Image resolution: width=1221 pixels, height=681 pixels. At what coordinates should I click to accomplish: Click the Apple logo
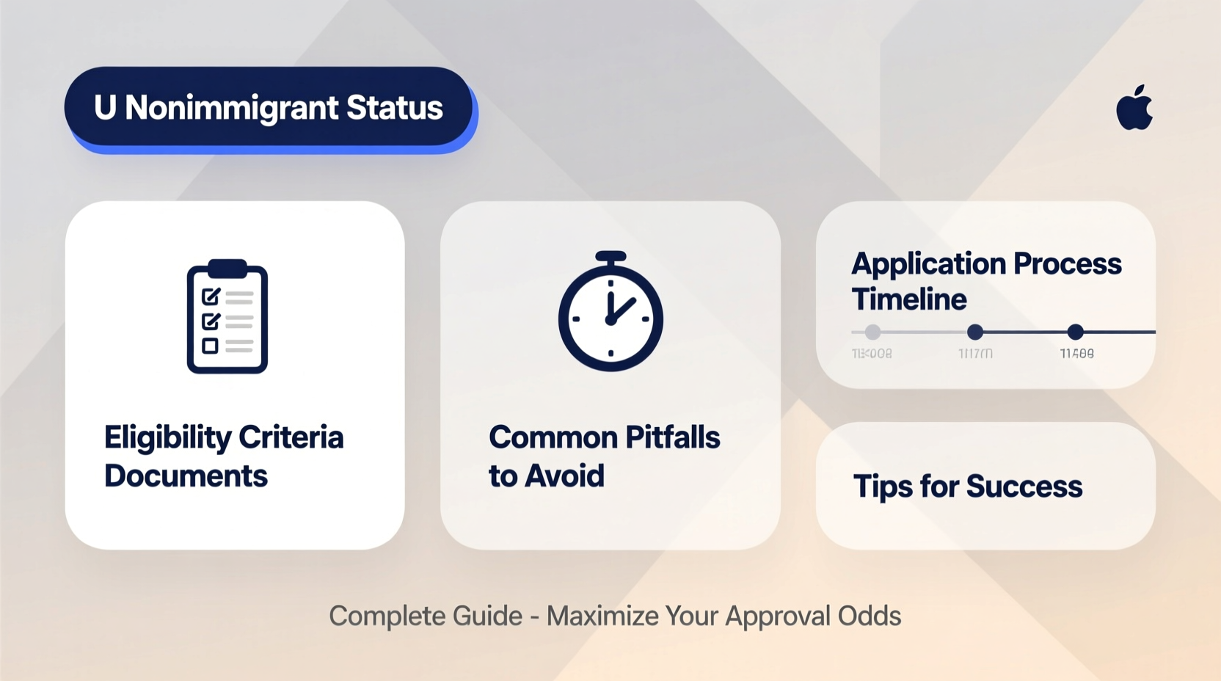click(x=1134, y=109)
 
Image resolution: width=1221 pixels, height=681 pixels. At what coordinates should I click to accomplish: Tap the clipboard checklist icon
click(x=227, y=317)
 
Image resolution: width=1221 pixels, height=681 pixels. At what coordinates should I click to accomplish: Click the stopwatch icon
click(x=610, y=313)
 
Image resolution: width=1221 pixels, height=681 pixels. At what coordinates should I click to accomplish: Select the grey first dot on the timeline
click(x=872, y=332)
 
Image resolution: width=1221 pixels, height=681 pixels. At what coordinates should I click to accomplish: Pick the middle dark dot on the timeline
click(x=975, y=332)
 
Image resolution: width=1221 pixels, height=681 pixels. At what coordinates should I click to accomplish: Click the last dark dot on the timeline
click(x=1076, y=332)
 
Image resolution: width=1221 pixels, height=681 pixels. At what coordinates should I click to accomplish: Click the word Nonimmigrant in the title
click(x=232, y=108)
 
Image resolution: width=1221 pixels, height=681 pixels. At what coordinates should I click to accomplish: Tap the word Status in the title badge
click(x=395, y=108)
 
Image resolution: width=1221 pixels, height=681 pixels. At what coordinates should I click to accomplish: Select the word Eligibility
click(x=167, y=438)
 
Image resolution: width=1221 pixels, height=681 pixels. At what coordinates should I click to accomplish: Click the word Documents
click(x=186, y=476)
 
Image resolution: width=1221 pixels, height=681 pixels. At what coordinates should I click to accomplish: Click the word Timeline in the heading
click(x=909, y=299)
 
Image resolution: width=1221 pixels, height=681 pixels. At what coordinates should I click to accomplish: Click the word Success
click(x=1024, y=487)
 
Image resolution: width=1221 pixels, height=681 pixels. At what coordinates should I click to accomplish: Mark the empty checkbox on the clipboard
click(x=211, y=346)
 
